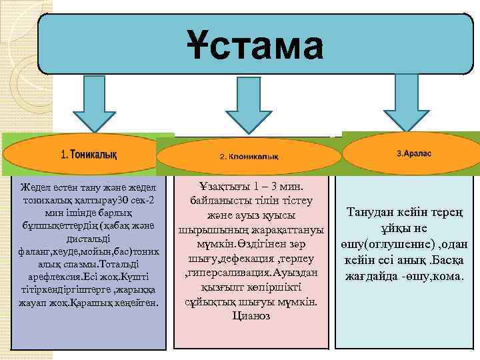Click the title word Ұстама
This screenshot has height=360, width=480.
pos(255,46)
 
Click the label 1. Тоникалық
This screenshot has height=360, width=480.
pos(89,155)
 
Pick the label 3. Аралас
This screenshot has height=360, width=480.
pos(414,153)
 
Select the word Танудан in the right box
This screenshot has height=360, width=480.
pos(372,213)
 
